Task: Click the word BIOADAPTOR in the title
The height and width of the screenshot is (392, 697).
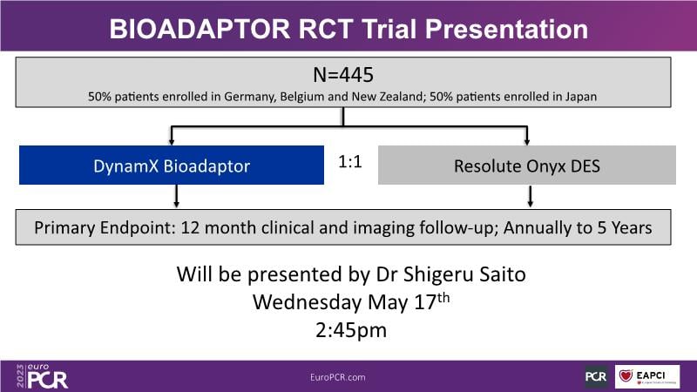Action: coord(200,30)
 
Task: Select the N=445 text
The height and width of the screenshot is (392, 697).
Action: coord(343,75)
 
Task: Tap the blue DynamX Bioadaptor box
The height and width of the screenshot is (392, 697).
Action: coord(172,165)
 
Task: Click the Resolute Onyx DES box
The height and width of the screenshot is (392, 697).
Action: coord(527,165)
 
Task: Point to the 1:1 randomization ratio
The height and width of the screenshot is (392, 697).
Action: coord(350,162)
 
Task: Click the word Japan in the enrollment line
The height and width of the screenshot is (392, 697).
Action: coord(581,97)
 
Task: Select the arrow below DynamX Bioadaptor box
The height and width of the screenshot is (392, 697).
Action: coord(177,196)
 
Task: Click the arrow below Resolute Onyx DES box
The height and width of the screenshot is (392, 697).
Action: coord(530,196)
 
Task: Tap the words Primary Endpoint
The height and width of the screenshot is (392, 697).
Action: coord(105,227)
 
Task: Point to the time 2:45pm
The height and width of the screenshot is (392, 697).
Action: coord(351,330)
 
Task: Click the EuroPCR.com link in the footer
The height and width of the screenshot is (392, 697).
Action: coord(338,377)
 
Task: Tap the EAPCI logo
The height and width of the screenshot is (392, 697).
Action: coord(647,377)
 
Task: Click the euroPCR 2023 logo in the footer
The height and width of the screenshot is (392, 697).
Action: coord(42,376)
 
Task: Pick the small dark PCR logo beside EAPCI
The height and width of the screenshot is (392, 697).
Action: coord(596,377)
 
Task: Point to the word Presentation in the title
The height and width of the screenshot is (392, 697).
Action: coord(506,30)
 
